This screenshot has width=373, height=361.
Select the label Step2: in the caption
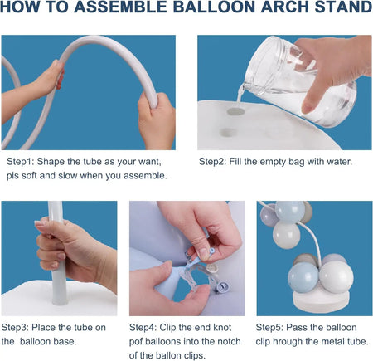(214, 161)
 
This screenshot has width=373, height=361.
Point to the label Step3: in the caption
(18, 326)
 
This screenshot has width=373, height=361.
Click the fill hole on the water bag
(236, 108)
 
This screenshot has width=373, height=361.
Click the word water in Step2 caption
(315, 161)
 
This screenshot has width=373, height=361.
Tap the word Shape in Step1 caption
(58, 161)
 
